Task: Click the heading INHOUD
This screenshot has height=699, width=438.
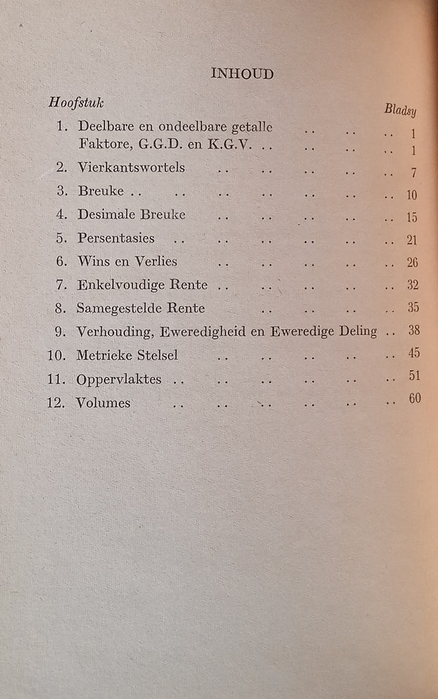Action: tap(242, 74)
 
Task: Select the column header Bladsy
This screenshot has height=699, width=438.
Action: tap(400, 109)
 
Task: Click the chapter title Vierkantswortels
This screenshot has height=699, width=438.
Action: tap(131, 167)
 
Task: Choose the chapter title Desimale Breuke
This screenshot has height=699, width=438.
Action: tap(131, 214)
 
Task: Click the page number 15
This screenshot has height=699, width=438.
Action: tap(411, 218)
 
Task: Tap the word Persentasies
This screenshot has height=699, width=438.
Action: tap(116, 238)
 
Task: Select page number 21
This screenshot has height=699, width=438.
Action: tap(411, 240)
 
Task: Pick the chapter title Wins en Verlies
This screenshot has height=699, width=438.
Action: tap(127, 261)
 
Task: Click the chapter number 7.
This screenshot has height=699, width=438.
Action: tap(61, 285)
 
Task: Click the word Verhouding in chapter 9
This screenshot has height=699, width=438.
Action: tap(113, 332)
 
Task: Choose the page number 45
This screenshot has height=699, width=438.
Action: tap(412, 354)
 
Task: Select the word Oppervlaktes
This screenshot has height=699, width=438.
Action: tap(120, 379)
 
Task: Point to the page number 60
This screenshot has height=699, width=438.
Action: tap(414, 399)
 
